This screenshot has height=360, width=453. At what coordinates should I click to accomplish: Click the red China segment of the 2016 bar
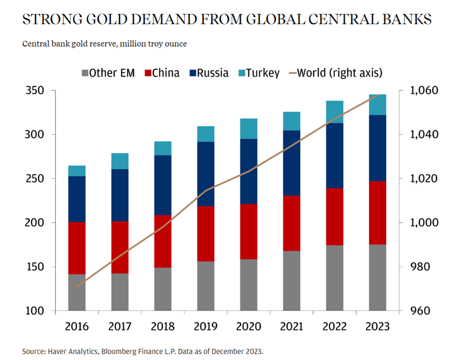click(77, 248)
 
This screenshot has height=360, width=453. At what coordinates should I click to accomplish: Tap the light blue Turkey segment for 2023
click(378, 105)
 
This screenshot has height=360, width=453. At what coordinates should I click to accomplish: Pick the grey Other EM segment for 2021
click(292, 280)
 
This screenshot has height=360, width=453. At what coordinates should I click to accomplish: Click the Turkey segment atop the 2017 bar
click(120, 161)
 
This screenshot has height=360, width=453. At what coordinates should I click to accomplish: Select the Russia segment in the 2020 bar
click(249, 171)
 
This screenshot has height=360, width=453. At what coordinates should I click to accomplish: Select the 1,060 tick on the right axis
click(419, 91)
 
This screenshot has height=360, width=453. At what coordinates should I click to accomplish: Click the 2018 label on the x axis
click(163, 326)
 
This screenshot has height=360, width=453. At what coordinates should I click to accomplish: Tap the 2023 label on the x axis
click(378, 326)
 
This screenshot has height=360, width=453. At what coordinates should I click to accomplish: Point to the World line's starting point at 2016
click(77, 286)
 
